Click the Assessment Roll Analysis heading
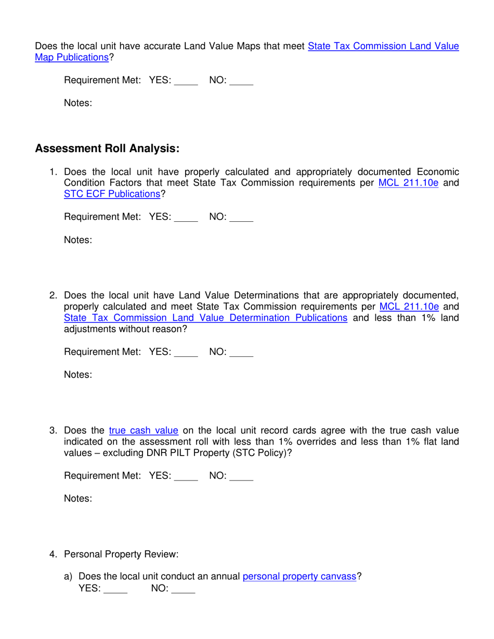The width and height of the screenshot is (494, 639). [x=107, y=149]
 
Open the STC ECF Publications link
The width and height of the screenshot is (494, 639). [x=112, y=194]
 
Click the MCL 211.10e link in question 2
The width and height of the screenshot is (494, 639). [x=409, y=307]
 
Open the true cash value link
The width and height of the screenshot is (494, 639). [x=144, y=431]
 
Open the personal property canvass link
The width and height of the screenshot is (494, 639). [x=299, y=577]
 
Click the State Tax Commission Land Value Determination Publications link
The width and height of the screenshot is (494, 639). [x=205, y=318]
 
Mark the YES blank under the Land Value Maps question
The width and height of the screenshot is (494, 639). [x=186, y=81]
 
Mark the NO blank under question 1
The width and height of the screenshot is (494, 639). [x=241, y=218]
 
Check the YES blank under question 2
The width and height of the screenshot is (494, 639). [x=186, y=353]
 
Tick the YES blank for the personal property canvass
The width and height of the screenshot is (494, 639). [x=115, y=590]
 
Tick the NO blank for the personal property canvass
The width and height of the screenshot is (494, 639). [x=183, y=590]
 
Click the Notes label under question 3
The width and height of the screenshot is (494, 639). [x=78, y=499]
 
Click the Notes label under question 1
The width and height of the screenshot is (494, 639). [x=78, y=240]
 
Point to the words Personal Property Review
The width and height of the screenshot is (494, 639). [x=121, y=554]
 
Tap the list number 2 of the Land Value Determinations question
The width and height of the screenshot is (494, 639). [x=53, y=296]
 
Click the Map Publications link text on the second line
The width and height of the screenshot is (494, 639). [x=71, y=58]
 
